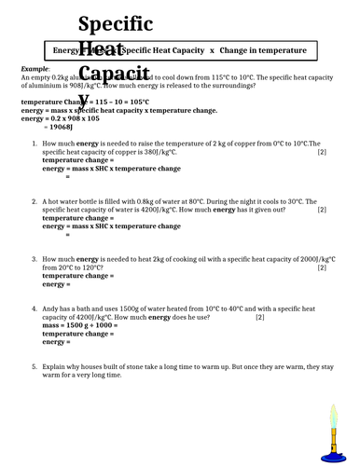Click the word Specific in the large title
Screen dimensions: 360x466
point(117,23)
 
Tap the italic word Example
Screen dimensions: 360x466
point(34,69)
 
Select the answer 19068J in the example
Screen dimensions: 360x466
point(53,125)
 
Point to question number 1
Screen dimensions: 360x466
point(35,144)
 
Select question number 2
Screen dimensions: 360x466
point(35,201)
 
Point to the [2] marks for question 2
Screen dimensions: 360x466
point(322,209)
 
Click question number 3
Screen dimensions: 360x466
point(35,259)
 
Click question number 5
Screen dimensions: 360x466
point(35,367)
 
